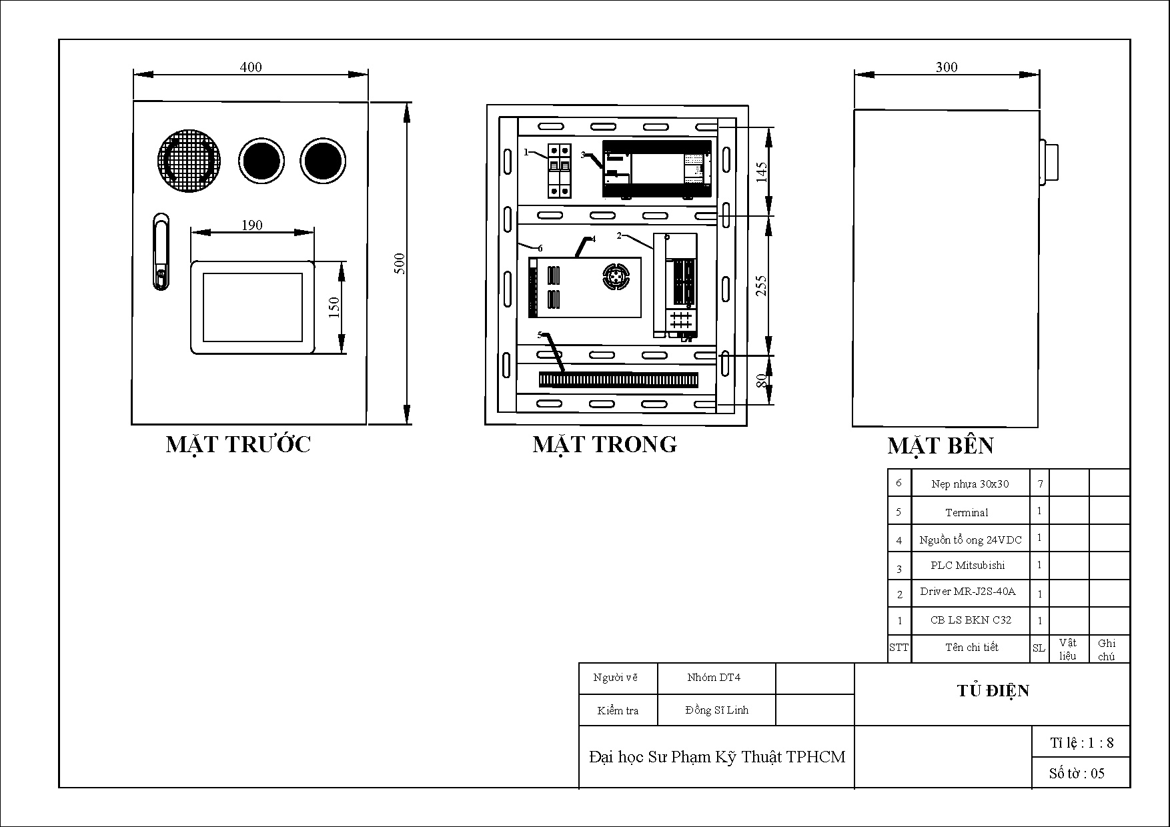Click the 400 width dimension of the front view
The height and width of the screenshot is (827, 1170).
[x=251, y=67]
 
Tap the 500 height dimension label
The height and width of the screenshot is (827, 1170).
[x=400, y=263]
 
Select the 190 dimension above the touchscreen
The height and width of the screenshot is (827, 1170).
[x=251, y=225]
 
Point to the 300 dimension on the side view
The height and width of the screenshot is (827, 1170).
[x=947, y=67]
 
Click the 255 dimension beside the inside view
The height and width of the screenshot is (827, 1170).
[x=761, y=285]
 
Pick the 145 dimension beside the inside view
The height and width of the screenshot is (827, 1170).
[x=762, y=171]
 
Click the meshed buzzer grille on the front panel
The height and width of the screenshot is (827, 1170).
[x=189, y=161]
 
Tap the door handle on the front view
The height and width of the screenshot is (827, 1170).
[x=161, y=251]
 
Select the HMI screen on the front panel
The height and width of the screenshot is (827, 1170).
[x=253, y=307]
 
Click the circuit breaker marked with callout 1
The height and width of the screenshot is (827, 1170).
[x=560, y=171]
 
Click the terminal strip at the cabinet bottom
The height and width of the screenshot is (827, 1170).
[x=618, y=380]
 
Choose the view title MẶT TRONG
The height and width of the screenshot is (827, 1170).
[x=604, y=444]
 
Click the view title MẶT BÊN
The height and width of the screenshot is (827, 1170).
[x=940, y=446]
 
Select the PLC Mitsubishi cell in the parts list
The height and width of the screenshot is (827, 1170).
[x=967, y=566]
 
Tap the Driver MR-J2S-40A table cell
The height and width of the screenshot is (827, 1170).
[x=967, y=592]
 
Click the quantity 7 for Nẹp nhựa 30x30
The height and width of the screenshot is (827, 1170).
[x=1040, y=484]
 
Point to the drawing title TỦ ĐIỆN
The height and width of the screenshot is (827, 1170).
[x=993, y=691]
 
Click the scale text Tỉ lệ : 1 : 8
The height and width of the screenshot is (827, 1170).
[x=1081, y=743]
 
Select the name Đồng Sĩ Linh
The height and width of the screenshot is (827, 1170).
[x=716, y=710]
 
